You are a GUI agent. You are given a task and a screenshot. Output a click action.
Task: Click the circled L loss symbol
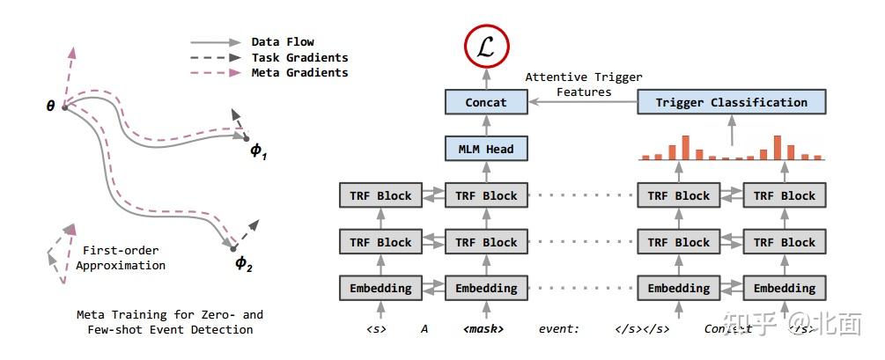(486, 49)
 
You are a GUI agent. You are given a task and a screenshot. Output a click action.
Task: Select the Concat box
(486, 102)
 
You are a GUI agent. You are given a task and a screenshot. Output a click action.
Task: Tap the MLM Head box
(486, 149)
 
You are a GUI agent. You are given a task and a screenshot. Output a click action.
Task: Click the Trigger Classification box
(731, 102)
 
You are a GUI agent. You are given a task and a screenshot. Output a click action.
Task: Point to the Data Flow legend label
(282, 41)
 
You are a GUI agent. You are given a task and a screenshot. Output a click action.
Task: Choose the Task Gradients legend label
(299, 57)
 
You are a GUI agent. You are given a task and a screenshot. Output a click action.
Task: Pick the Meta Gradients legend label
(299, 72)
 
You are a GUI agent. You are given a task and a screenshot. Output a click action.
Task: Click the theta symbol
(50, 107)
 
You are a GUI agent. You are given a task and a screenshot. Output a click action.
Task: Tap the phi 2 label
(244, 262)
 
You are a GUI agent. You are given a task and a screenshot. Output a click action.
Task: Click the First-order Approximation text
(121, 257)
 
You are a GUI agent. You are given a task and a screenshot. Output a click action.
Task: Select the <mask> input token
(483, 329)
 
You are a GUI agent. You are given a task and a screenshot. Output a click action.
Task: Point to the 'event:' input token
(559, 329)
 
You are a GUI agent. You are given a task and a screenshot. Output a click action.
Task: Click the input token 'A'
(424, 329)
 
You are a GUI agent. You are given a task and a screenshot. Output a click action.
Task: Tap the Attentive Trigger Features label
(584, 84)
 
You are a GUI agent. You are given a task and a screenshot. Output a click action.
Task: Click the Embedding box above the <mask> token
(486, 288)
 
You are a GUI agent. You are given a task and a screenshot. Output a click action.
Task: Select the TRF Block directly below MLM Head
(486, 195)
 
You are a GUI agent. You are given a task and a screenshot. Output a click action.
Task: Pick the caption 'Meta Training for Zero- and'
(169, 314)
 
